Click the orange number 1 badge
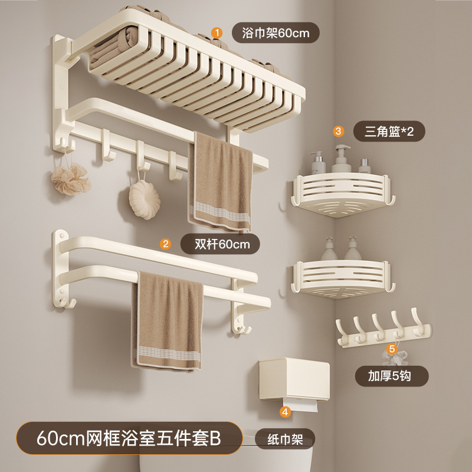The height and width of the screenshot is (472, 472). coord(217,32)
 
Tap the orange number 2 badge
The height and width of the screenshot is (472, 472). coord(166,242)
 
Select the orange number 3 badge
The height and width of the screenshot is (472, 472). coord(338,130)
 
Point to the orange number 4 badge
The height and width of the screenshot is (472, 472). coord(286,412)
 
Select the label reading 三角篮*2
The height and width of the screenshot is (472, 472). coord(388,131)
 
